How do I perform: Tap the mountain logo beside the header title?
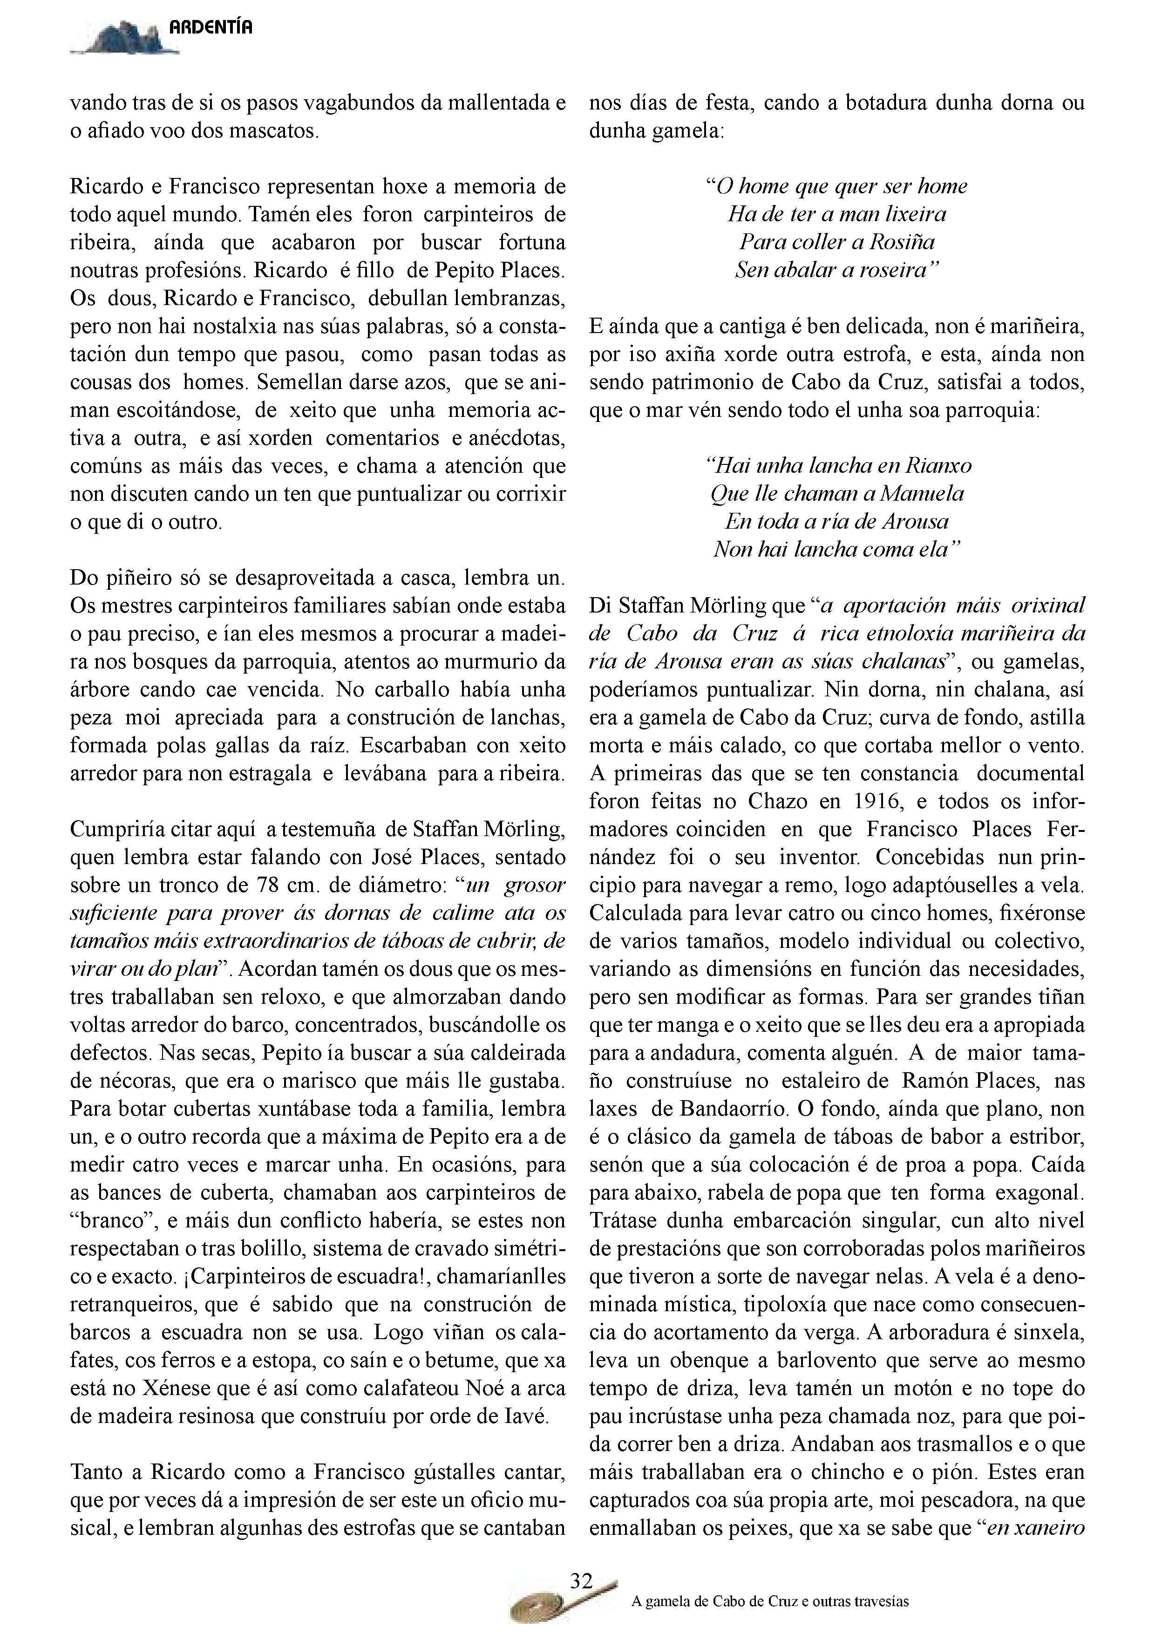(124, 39)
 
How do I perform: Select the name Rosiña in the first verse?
(901, 242)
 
